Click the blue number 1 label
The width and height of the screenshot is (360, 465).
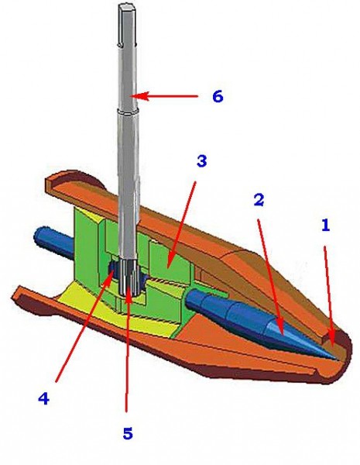coord(326,226)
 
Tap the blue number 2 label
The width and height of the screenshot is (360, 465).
coord(259,200)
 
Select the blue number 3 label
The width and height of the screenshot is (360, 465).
coord(201,161)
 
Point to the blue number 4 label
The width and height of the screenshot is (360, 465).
coord(43,398)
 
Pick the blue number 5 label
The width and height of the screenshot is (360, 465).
coord(128,433)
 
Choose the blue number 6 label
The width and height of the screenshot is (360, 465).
coord(218,97)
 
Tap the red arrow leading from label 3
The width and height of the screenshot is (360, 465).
coord(180,225)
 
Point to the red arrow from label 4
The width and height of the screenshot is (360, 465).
coord(84,325)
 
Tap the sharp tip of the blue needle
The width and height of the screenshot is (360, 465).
coord(338,360)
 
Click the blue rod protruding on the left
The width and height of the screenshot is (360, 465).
coord(53,240)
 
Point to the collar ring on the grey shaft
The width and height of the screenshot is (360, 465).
coord(128,111)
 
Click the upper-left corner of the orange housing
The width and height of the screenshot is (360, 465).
coord(46,179)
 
